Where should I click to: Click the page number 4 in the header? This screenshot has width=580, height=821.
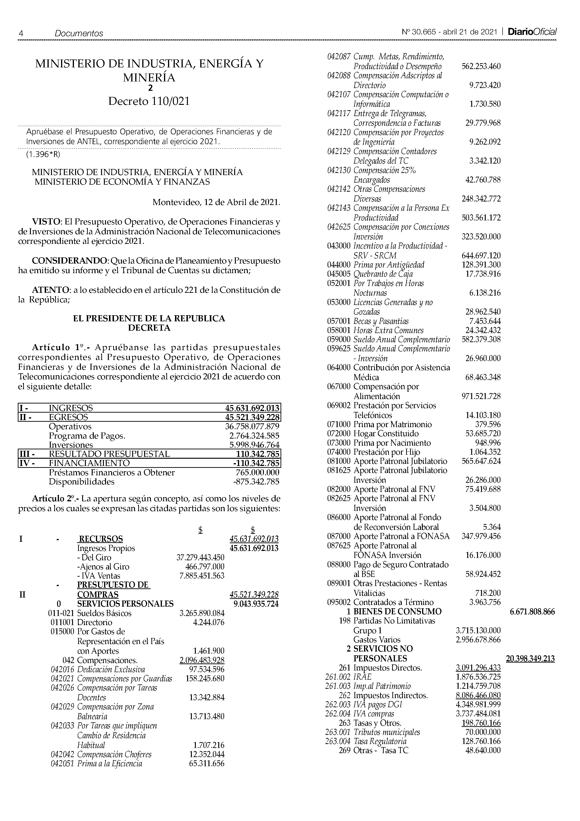(x=21, y=33)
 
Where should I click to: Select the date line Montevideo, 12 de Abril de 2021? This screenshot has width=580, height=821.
(x=216, y=202)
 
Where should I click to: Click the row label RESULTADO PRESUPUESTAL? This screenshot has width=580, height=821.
(x=109, y=454)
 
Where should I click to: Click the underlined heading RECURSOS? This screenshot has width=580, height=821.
(x=100, y=539)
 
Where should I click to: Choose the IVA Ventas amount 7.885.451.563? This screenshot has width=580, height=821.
(x=201, y=576)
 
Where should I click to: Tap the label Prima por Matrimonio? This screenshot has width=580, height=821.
(x=392, y=425)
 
